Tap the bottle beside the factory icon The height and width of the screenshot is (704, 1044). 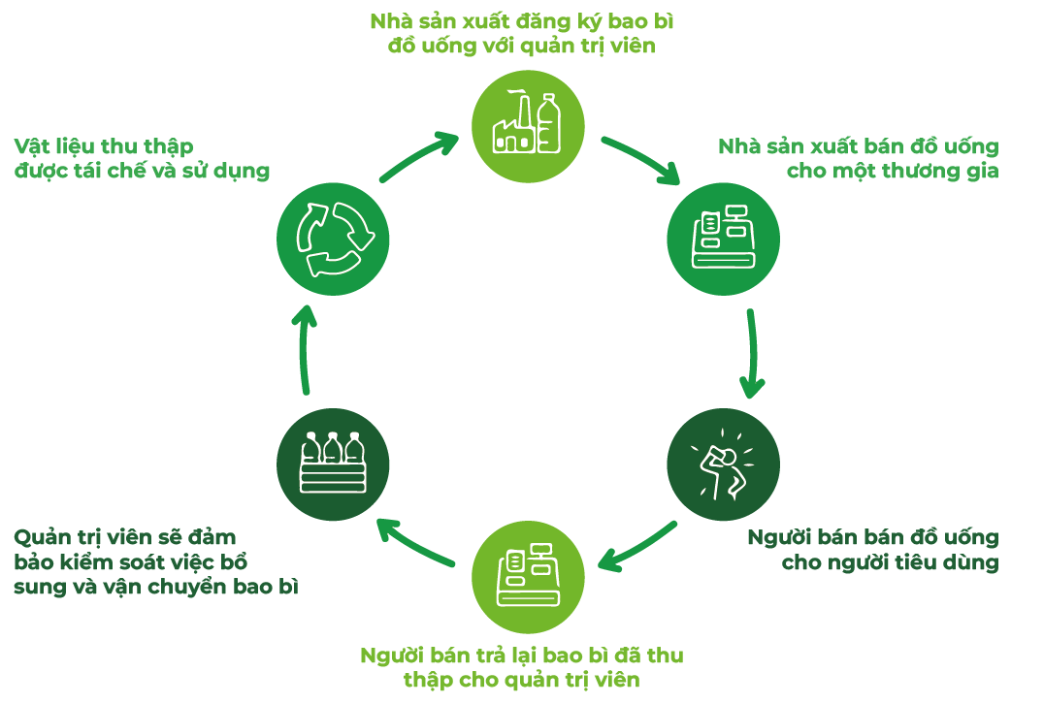(549, 122)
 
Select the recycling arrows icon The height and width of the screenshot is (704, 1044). (333, 240)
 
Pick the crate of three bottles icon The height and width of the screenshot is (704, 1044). (333, 463)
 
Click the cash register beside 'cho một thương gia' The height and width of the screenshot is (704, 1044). (723, 238)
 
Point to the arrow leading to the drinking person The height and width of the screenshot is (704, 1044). (750, 354)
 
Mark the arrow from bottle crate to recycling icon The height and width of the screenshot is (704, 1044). (305, 349)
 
